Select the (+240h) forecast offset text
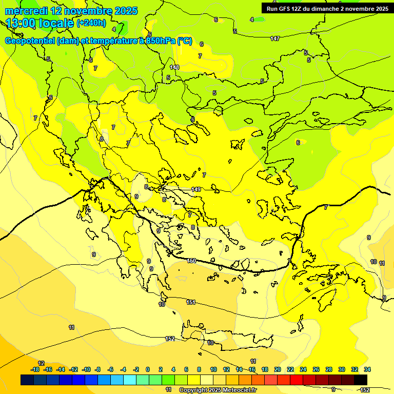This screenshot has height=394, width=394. pyautogui.click(x=91, y=23)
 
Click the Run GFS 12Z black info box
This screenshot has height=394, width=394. pyautogui.click(x=327, y=8)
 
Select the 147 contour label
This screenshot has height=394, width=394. pyautogui.click(x=275, y=38)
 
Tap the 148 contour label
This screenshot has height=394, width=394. pyautogui.click(x=174, y=67)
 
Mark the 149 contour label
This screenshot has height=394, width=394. pyautogui.click(x=196, y=189)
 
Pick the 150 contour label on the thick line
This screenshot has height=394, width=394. pyautogui.click(x=191, y=261)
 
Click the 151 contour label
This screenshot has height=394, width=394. pyautogui.click(x=191, y=302)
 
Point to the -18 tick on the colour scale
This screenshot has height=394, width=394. pyautogui.click(x=35, y=369)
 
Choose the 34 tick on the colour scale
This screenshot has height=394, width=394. pyautogui.click(x=367, y=369)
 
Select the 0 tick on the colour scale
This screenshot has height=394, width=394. pyautogui.click(x=148, y=369)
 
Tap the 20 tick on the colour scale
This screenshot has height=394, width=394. pyautogui.click(x=278, y=369)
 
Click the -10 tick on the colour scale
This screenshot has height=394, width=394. pyautogui.click(x=86, y=369)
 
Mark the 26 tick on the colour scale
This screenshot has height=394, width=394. pyautogui.click(x=316, y=369)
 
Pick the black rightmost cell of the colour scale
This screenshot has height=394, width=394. pyautogui.click(x=361, y=380)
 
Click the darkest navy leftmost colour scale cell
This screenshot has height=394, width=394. pyautogui.click(x=27, y=380)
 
